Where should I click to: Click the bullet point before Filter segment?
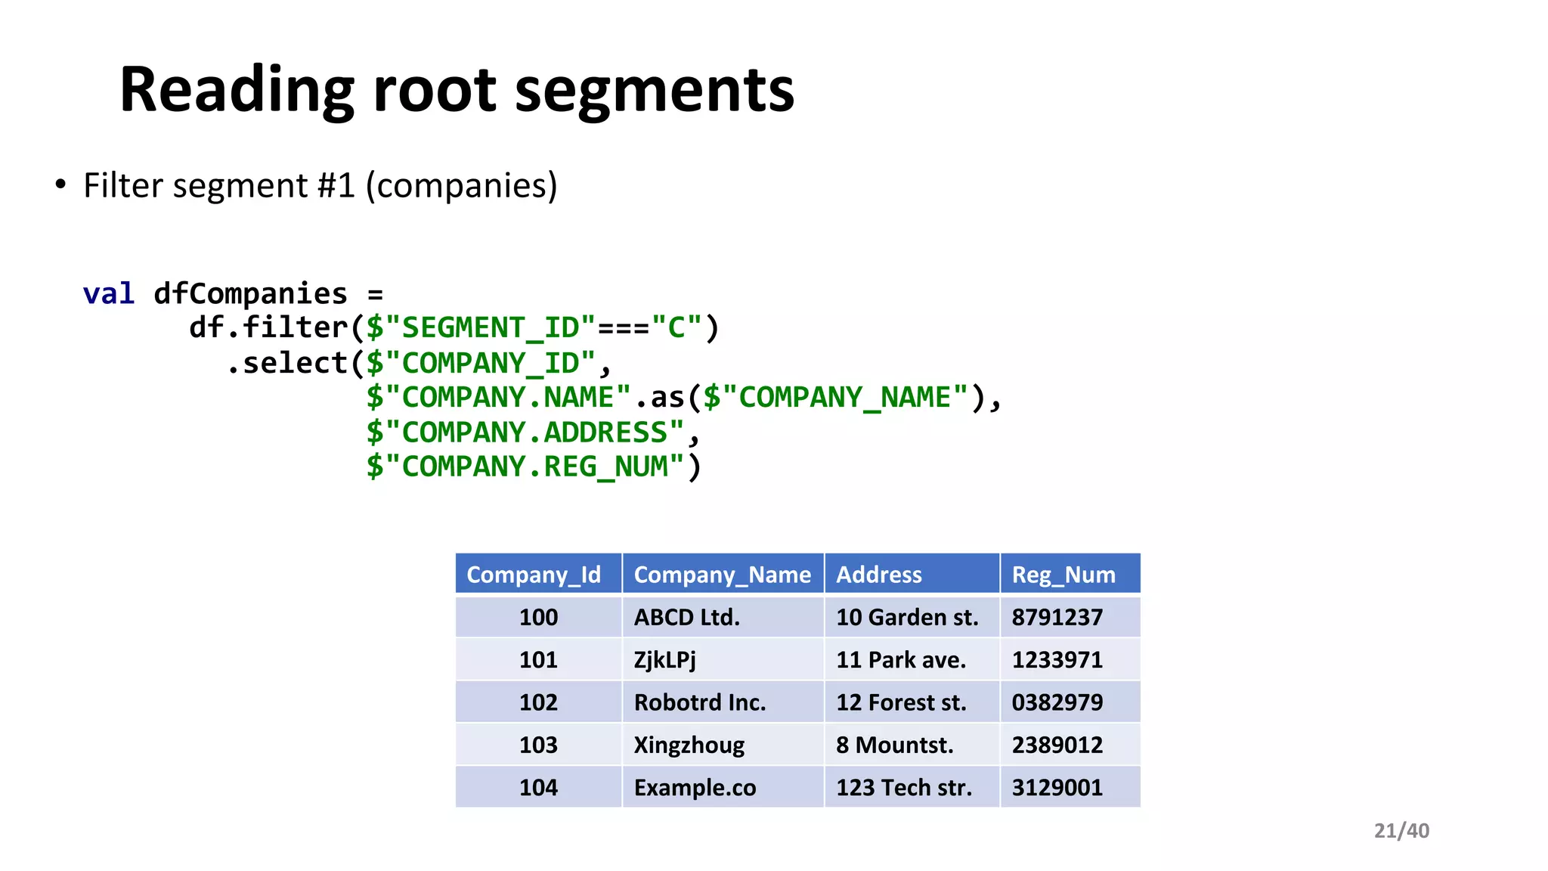tap(60, 185)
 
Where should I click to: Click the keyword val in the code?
tap(109, 293)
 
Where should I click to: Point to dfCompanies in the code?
tap(250, 293)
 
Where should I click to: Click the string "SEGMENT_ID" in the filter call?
tap(490, 328)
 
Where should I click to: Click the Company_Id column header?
tap(534, 575)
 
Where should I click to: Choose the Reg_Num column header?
tap(1063, 575)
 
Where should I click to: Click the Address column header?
tap(878, 575)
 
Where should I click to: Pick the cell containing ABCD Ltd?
tap(686, 617)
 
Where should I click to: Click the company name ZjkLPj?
tap(664, 659)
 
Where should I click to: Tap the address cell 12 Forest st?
tap(901, 702)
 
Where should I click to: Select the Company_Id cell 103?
tap(538, 745)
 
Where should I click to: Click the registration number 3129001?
tap(1057, 788)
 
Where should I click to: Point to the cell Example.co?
tap(695, 788)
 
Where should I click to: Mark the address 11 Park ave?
tap(901, 659)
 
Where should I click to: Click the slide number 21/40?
tap(1401, 831)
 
